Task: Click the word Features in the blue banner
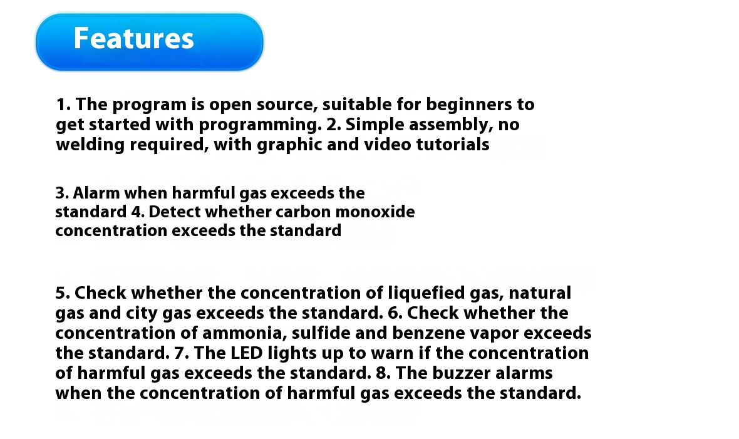(134, 38)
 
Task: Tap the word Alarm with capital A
(96, 193)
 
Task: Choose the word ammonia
(245, 333)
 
